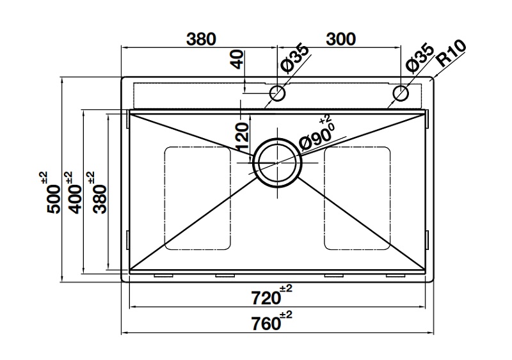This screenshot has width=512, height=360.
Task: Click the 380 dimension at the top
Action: pos(201,39)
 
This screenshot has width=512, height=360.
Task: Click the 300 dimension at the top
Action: pos(340,39)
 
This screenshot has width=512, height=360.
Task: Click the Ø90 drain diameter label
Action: pos(316,136)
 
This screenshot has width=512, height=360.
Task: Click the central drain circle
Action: pos(277,162)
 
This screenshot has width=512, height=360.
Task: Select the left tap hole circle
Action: pos(277,93)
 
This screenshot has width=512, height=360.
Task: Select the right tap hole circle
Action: pos(400,93)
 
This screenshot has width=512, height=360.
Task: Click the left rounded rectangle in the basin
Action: pos(198,198)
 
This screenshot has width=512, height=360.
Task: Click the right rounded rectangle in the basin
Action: pos(357,198)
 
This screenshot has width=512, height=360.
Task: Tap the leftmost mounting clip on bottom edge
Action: pos(164,276)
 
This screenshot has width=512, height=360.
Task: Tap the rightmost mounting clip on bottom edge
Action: pos(396,276)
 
